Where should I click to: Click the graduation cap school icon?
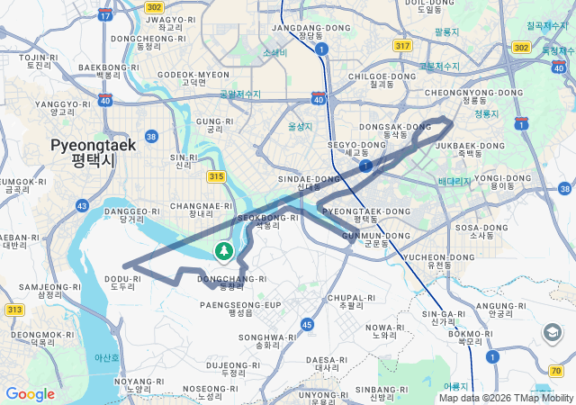click(x=551, y=333)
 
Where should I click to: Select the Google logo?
click(x=30, y=393)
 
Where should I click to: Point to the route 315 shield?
click(x=214, y=177)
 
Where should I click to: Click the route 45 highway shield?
click(x=308, y=324)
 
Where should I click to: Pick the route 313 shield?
click(x=14, y=310)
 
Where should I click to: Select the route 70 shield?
click(x=554, y=371)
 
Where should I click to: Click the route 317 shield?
click(x=402, y=46)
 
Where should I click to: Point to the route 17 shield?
click(x=105, y=15)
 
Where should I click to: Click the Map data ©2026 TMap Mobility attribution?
click(x=506, y=398)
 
